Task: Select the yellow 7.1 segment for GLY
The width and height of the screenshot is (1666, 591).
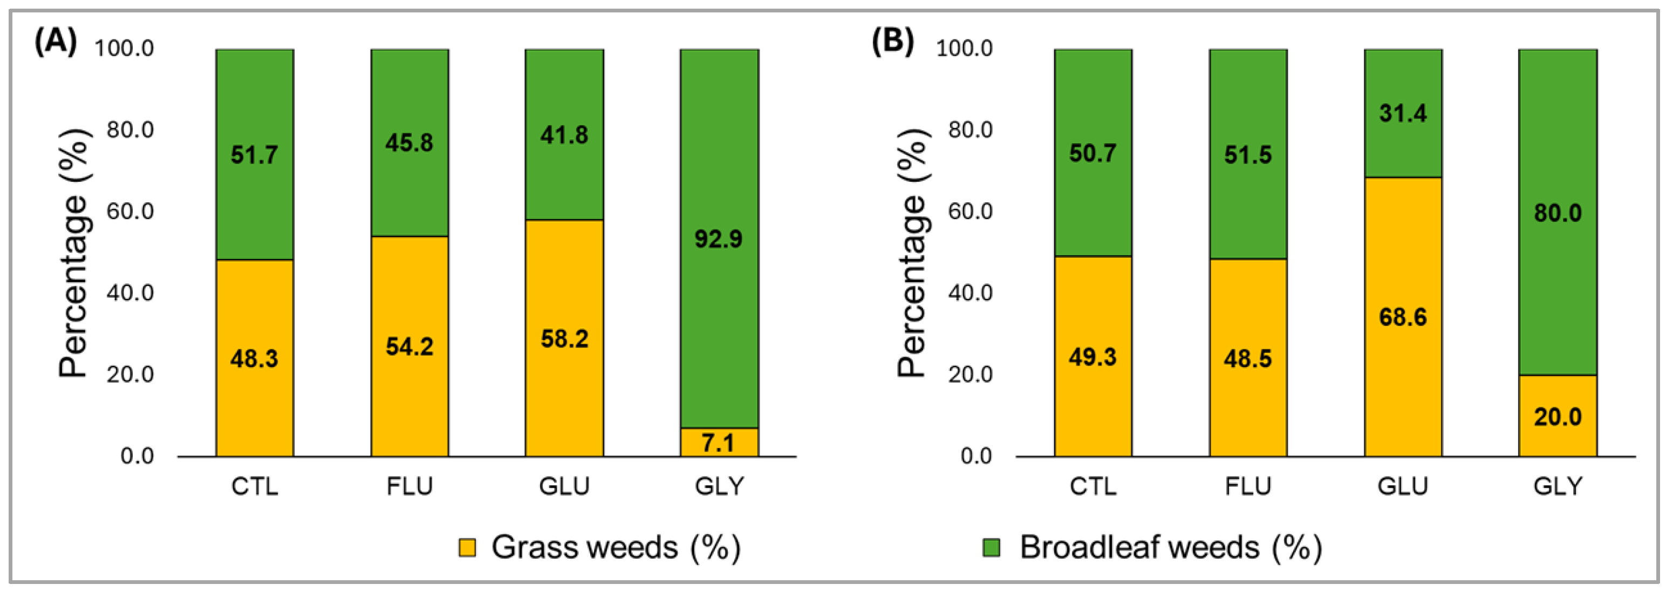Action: [719, 442]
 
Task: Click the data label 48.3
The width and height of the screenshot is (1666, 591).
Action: [254, 358]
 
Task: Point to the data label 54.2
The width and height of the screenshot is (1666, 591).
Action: [409, 347]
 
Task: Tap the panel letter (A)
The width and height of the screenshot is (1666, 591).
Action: [56, 43]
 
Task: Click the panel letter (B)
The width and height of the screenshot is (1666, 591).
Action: [892, 43]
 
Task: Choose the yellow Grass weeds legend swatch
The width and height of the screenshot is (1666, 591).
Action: [467, 548]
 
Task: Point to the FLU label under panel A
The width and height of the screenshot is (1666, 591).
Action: [409, 486]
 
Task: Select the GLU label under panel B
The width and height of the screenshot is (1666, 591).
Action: [1402, 486]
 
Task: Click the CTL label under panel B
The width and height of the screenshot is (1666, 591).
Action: [1093, 486]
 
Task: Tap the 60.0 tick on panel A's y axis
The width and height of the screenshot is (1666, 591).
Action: [130, 211]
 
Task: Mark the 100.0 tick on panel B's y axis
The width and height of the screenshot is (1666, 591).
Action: [964, 48]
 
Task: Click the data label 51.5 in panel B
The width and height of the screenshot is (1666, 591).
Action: [1247, 155]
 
